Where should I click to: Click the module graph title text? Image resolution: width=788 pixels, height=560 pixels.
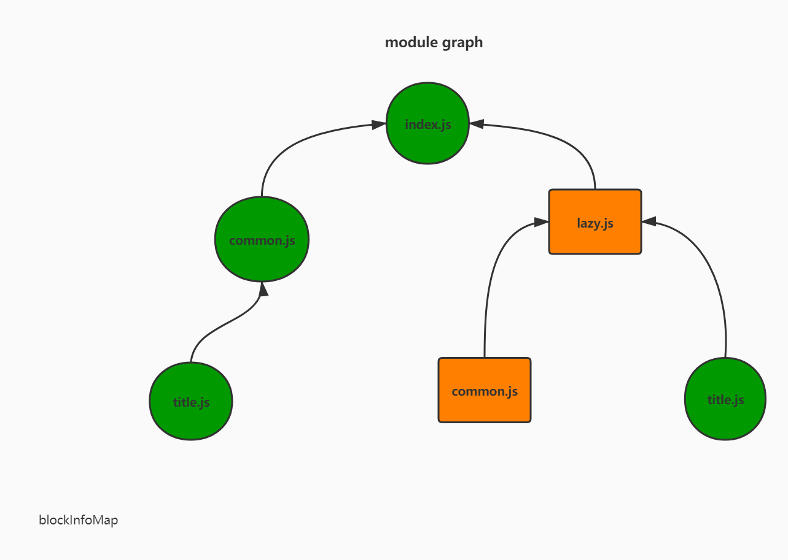[434, 42]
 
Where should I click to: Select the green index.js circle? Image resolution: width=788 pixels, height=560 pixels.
[428, 123]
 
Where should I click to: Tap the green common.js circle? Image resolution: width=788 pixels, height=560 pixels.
[262, 240]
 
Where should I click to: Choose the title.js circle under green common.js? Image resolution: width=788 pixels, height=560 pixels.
[191, 402]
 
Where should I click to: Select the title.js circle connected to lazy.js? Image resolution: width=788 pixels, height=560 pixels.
[725, 399]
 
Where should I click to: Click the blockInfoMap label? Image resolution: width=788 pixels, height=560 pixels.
[78, 520]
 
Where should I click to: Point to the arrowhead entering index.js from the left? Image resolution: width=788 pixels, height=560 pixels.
[379, 125]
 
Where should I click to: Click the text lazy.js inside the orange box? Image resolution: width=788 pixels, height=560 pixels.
[595, 223]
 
